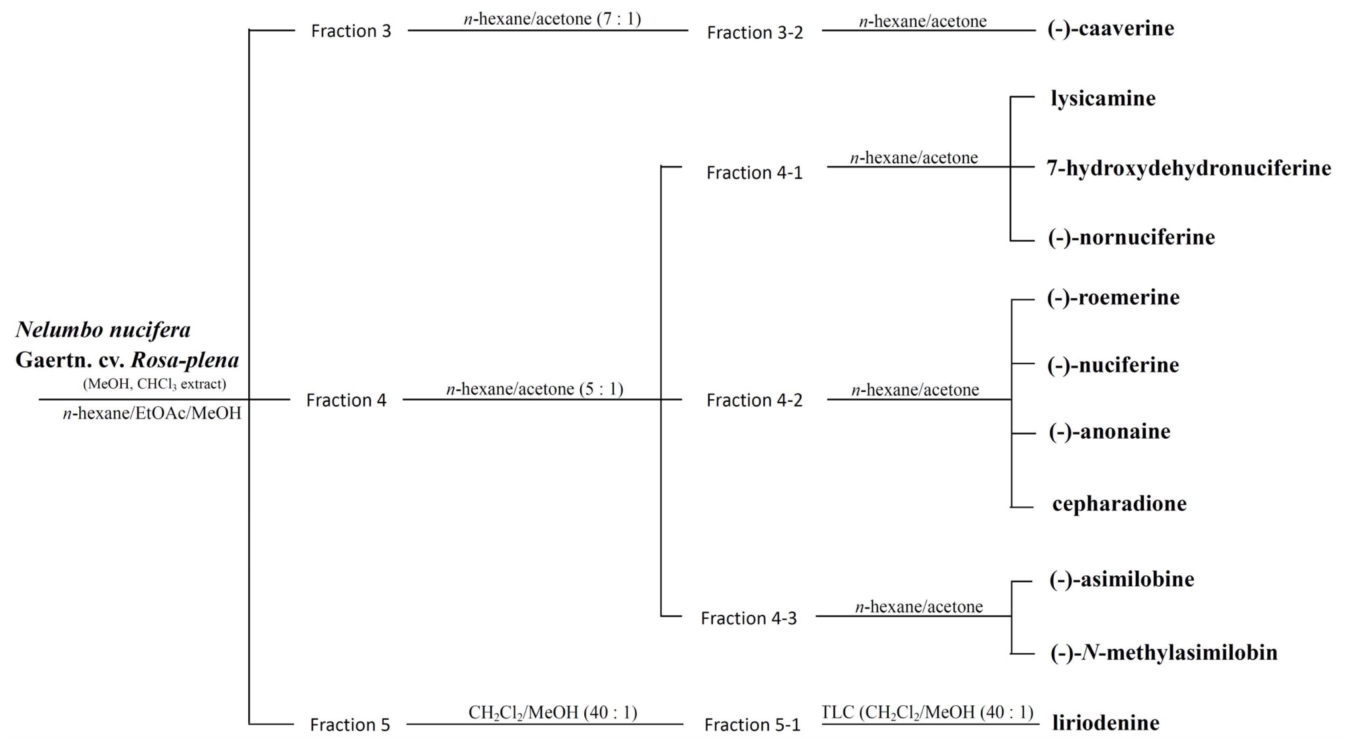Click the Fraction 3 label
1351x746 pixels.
pyautogui.click(x=351, y=31)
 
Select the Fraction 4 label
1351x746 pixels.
pyautogui.click(x=346, y=400)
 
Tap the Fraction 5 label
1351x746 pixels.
pyautogui.click(x=350, y=725)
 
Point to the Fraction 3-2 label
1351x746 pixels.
pyautogui.click(x=755, y=32)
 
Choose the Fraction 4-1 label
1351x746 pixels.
pyautogui.click(x=754, y=173)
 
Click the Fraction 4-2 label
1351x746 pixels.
pyautogui.click(x=754, y=400)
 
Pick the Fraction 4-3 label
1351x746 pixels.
pyautogui.click(x=748, y=618)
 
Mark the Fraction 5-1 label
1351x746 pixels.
pyautogui.click(x=752, y=725)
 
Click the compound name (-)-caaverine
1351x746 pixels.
pyautogui.click(x=1111, y=28)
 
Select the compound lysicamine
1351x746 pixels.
pyautogui.click(x=1103, y=99)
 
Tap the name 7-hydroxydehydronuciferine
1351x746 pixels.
pyautogui.click(x=1188, y=168)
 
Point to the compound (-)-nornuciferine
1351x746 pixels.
pyautogui.click(x=1131, y=237)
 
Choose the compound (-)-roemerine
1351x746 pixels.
pyautogui.click(x=1113, y=297)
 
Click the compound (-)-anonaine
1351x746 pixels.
pyautogui.click(x=1109, y=431)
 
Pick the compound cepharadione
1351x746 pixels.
pyautogui.click(x=1119, y=503)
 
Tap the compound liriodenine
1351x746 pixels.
pyautogui.click(x=1106, y=723)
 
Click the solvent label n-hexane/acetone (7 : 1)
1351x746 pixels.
pyautogui.click(x=552, y=19)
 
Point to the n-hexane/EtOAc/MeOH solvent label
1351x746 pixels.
pyautogui.click(x=152, y=413)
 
